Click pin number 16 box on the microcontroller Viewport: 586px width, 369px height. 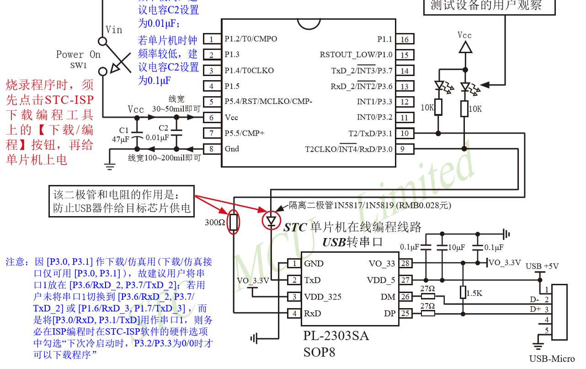tap(405, 39)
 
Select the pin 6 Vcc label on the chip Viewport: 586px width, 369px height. tap(231, 117)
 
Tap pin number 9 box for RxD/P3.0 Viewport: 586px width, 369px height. tap(405, 149)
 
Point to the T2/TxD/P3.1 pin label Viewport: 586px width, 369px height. tap(370, 133)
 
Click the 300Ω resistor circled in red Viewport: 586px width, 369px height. tap(234, 222)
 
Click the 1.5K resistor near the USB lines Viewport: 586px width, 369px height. tap(463, 292)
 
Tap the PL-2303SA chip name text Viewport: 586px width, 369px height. tap(336, 336)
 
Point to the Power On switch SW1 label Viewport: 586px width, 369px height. tap(78, 59)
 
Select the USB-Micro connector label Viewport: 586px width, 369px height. tap(552, 359)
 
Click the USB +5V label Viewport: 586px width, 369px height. tap(542, 266)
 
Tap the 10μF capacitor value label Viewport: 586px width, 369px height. tap(456, 247)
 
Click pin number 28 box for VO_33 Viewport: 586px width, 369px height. tap(405, 263)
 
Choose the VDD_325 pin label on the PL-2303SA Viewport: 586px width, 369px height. tap(323, 297)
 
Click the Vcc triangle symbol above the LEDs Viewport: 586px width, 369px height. tap(465, 47)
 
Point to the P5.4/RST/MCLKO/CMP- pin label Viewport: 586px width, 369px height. tap(268, 102)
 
